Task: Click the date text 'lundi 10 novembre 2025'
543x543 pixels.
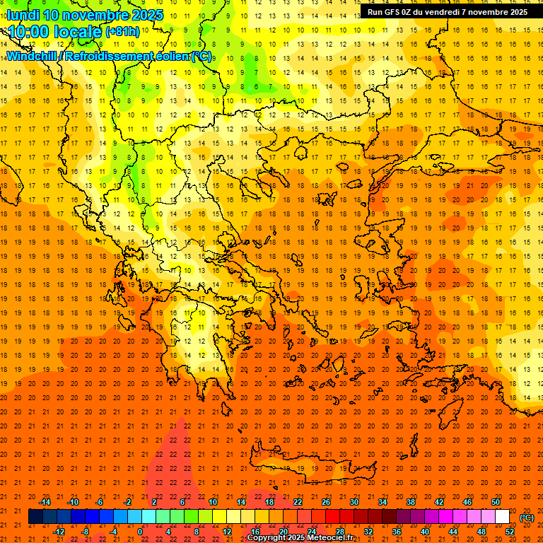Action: (x=85, y=15)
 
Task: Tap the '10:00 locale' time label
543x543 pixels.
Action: (x=54, y=32)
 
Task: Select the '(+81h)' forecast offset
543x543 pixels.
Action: (x=122, y=32)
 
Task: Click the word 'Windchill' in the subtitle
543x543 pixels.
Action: (x=30, y=56)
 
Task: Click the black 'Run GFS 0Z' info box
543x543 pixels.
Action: (x=447, y=12)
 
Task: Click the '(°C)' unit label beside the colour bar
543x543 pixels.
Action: (x=527, y=518)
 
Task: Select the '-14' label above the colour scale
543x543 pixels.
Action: (x=45, y=502)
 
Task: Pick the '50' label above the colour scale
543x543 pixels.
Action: (x=496, y=502)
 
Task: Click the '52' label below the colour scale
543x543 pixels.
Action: (x=510, y=532)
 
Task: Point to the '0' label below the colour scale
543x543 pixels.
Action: (x=140, y=532)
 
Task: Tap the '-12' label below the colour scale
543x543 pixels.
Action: (x=59, y=532)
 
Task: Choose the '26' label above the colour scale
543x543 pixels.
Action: (x=325, y=502)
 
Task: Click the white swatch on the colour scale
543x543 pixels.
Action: (x=502, y=517)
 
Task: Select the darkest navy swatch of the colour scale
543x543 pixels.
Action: (x=35, y=517)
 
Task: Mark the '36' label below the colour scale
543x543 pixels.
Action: (x=397, y=532)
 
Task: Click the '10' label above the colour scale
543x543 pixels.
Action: (x=212, y=502)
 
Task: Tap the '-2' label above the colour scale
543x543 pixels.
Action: (x=128, y=502)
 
